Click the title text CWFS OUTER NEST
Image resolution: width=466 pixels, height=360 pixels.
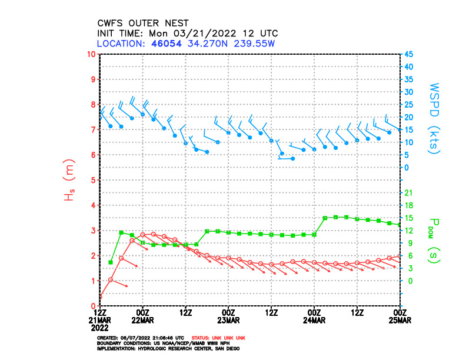143,24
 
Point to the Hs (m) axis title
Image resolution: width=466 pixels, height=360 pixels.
69,179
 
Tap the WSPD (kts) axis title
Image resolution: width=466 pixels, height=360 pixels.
435,118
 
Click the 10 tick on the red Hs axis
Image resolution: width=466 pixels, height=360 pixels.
91,54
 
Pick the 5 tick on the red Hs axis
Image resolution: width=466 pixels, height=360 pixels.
93,180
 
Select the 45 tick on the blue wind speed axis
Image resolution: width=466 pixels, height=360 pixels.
408,54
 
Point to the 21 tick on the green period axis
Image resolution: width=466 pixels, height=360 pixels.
408,193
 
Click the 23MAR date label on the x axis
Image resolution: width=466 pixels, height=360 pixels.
228,320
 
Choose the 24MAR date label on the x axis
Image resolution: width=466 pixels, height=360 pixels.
314,320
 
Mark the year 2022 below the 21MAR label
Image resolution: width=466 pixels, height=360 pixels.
100,327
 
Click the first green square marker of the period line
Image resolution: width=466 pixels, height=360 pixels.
111,262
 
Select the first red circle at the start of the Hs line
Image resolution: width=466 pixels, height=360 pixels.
100,296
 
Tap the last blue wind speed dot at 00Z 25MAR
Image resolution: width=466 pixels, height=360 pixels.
400,129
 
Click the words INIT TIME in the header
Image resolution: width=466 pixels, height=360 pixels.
120,34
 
